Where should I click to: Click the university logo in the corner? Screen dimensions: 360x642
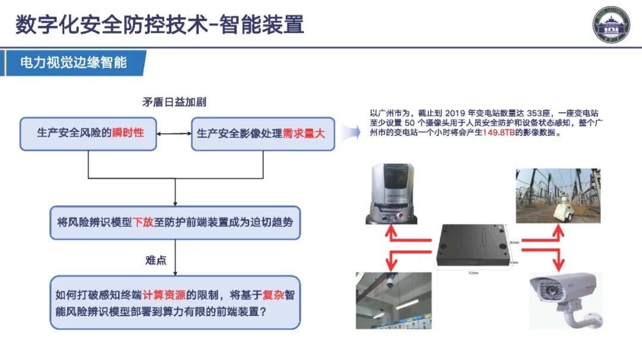pos(611,24)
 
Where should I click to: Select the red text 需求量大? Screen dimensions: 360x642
pos(304,134)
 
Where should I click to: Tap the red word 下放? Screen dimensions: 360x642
pos(143,223)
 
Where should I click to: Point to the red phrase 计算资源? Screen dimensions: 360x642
pos(165,295)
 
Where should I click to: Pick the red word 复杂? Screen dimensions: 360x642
pos(273,295)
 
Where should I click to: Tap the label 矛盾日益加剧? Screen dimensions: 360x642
pos(174,102)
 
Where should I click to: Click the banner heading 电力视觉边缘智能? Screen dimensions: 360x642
pos(73,62)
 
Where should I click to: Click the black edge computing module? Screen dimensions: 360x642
pos(473,245)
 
